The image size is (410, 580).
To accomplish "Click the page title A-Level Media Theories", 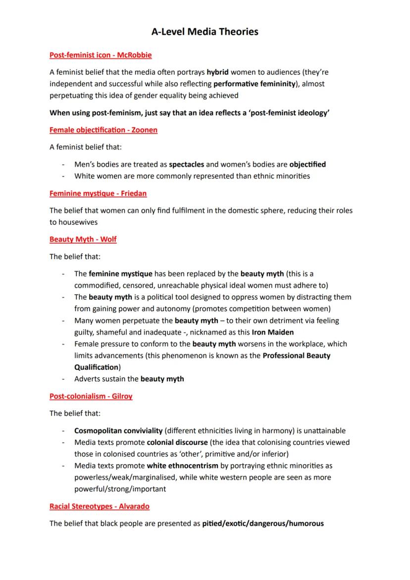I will tap(205, 32).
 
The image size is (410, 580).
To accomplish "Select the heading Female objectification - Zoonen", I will tap(103, 130).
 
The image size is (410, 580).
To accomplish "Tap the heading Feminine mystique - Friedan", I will tap(98, 193).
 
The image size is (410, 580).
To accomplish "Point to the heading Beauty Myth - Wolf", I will tap(83, 240).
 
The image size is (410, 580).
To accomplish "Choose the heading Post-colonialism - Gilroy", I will tap(91, 396).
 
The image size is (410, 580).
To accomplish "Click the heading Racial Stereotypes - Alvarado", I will tap(100, 506).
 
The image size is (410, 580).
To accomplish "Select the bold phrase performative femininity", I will tap(254, 84).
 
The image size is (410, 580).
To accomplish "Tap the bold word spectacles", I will tap(186, 164).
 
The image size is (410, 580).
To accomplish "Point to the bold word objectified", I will tap(307, 164).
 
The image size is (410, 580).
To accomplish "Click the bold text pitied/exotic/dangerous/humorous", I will tap(263, 524).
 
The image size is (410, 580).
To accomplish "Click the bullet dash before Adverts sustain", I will tap(63, 379).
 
